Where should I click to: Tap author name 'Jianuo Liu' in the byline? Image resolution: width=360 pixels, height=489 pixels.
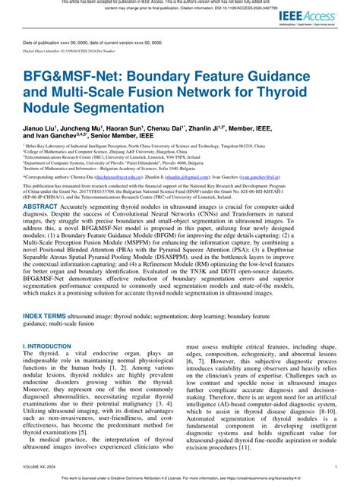(42, 127)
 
